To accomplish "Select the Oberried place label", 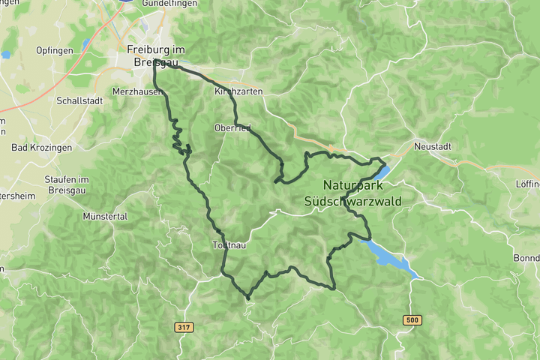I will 232,127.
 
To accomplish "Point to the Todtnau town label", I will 229,245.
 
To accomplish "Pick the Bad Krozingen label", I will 42,148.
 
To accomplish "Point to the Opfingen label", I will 55,50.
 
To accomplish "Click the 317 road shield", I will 182,328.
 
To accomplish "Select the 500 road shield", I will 412,320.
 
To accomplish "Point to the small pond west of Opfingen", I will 6,54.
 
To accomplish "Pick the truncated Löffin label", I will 527,184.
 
